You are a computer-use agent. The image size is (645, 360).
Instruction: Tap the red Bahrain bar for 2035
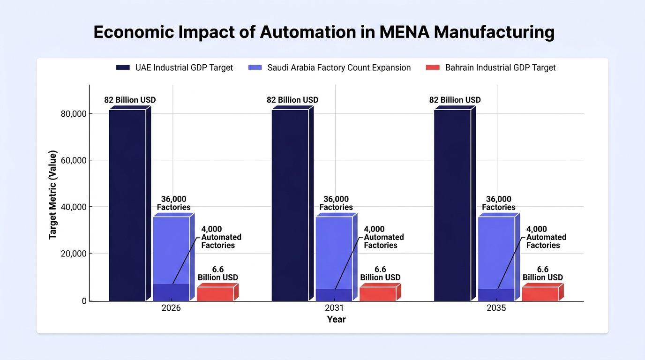pos(543,292)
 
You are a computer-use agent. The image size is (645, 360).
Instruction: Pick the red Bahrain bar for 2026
pos(217,292)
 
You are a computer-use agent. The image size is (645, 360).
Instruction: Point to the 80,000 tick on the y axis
pos(74,114)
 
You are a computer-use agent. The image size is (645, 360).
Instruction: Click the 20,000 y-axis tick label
pos(74,254)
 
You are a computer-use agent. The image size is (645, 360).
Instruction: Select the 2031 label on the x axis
pos(334,308)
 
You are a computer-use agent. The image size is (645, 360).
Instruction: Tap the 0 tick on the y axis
pos(84,301)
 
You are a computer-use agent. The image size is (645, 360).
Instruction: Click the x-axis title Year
pos(336,319)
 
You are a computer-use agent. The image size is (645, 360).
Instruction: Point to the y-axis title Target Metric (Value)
pos(52,195)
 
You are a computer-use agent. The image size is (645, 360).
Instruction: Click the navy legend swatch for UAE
pos(123,67)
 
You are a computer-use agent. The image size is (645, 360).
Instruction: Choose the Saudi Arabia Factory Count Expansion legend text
pos(339,67)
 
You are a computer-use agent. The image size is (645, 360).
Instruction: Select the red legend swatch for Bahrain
pos(433,67)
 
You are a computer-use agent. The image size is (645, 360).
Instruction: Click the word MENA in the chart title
pos(404,32)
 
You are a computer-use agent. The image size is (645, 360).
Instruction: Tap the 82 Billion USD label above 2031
pos(292,100)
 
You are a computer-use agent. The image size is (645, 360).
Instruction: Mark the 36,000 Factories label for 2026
pos(173,203)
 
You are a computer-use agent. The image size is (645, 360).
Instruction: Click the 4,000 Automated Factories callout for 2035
pos(546,237)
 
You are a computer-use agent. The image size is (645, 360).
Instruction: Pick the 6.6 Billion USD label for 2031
pos(380,273)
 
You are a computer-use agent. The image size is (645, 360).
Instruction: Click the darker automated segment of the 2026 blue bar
pos(172,292)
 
